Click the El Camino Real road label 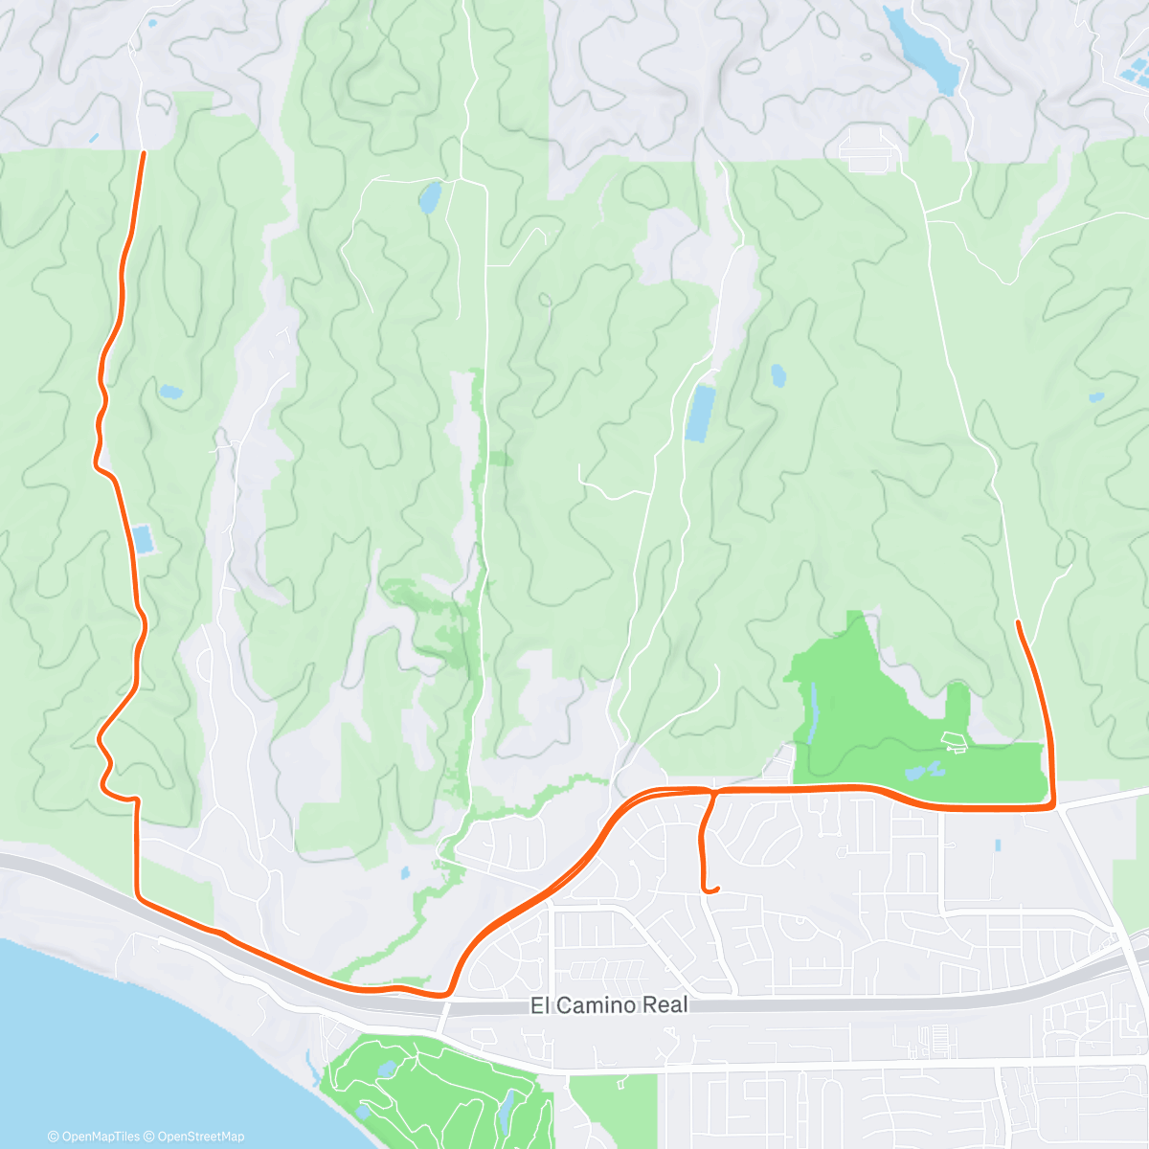(609, 1005)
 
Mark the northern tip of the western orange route (144, 153)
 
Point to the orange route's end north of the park (1018, 623)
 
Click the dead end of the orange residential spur (716, 890)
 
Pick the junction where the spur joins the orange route (714, 792)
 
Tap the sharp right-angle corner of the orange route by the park (1052, 806)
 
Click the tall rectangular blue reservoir (701, 413)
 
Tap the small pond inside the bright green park (925, 770)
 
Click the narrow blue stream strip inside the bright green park (812, 713)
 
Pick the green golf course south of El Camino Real (431, 1082)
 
